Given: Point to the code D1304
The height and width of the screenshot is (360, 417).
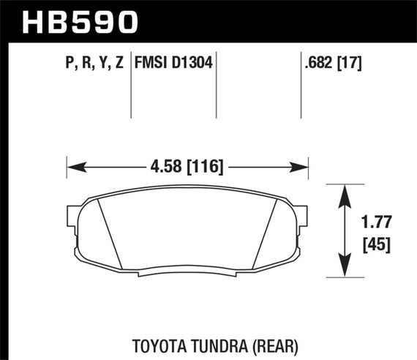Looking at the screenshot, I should (192, 64).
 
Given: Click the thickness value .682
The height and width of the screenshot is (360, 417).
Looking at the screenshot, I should (320, 64).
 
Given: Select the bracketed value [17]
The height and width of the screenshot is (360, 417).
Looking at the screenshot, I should (350, 64).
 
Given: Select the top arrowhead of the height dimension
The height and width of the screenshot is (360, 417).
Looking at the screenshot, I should (342, 191).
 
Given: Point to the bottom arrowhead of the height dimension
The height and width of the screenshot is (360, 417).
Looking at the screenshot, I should (342, 271).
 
